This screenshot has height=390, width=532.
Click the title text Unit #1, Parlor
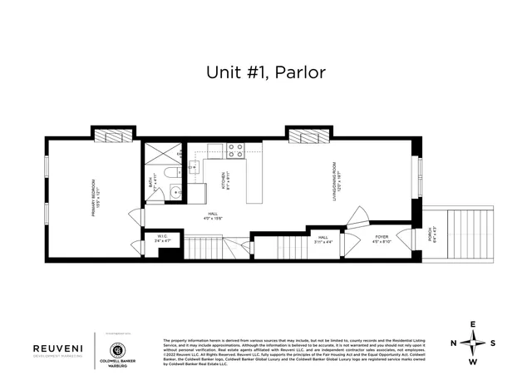pos(265,72)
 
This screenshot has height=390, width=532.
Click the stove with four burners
pos(236,151)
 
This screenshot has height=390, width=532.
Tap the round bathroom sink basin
pos(175,193)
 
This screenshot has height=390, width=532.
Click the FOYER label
pos(382,239)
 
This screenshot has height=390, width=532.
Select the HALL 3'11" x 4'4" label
pos(323,239)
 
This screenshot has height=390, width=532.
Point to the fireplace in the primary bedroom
pos(112,134)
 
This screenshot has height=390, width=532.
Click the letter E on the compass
pos(473,324)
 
